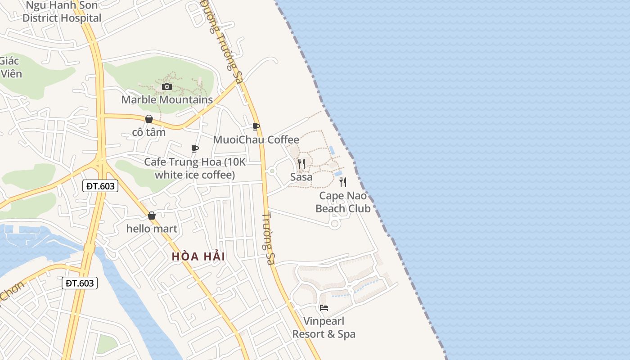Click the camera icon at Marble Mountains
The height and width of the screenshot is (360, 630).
click(167, 86)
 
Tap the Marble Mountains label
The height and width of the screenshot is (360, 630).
click(167, 99)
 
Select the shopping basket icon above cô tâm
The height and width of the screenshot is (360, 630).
click(149, 119)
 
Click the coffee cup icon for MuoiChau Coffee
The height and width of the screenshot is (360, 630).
click(256, 126)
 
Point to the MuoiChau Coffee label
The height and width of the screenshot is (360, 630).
click(256, 139)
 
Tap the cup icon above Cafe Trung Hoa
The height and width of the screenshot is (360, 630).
click(194, 148)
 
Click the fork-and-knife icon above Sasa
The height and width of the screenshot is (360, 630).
click(301, 163)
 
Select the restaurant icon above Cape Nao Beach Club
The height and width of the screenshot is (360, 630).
click(343, 182)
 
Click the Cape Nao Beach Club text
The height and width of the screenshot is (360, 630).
click(343, 202)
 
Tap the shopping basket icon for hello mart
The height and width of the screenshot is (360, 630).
click(152, 216)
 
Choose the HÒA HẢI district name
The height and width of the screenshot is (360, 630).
click(198, 256)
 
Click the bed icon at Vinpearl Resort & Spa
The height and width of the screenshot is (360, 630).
click(324, 308)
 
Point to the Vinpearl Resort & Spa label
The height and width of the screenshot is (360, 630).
click(324, 328)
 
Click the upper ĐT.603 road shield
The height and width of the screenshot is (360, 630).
click(100, 186)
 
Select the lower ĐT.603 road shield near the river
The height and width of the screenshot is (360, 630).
click(79, 283)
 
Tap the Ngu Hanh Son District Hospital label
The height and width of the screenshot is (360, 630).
click(62, 12)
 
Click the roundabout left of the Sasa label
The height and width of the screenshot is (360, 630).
click(272, 171)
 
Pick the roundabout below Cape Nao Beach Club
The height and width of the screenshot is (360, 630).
click(334, 223)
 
